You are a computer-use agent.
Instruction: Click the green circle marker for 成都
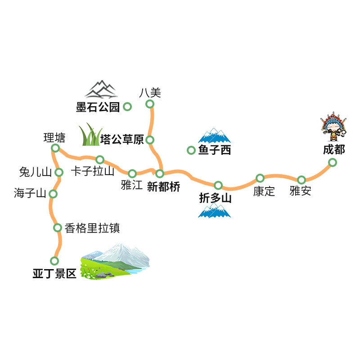(332, 162)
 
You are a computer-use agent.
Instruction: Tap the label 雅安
(300, 191)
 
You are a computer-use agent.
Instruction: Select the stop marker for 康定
(260, 178)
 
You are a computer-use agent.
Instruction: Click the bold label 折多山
(215, 198)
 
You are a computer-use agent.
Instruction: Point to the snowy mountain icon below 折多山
(214, 210)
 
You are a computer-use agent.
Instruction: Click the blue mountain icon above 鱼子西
(214, 135)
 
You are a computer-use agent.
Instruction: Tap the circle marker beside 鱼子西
(191, 150)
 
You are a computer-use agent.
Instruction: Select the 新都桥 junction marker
(160, 174)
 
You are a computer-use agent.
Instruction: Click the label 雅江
(132, 185)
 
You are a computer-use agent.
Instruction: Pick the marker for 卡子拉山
(100, 159)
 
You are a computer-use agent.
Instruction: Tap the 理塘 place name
(54, 138)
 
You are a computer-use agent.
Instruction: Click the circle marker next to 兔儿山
(59, 172)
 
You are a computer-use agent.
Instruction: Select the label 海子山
(30, 193)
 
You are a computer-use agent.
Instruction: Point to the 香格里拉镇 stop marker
(58, 228)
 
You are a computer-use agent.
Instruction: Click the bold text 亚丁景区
(54, 274)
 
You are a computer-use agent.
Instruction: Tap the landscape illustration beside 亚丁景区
(115, 261)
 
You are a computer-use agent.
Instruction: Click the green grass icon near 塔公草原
(90, 135)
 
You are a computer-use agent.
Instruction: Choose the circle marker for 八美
(150, 104)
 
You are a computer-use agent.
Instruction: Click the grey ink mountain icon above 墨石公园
(101, 89)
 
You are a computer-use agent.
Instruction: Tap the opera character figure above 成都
(333, 126)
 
